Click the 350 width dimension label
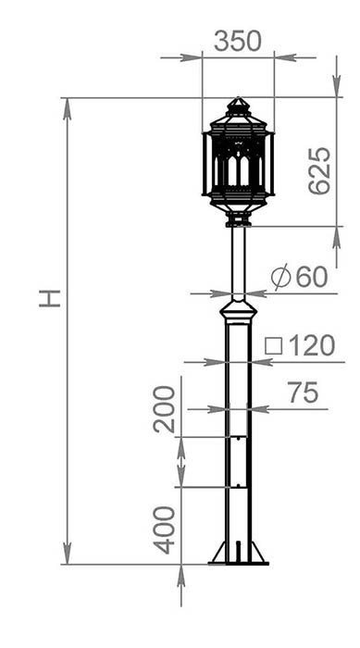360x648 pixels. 238,42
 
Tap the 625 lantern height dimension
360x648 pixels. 320,170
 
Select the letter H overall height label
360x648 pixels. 50,298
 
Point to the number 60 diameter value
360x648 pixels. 312,277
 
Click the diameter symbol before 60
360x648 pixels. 280,277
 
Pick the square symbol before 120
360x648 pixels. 273,346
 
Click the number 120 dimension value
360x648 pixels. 311,346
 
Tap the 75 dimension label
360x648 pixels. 304,393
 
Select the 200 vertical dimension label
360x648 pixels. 165,409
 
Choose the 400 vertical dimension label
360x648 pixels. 165,530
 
